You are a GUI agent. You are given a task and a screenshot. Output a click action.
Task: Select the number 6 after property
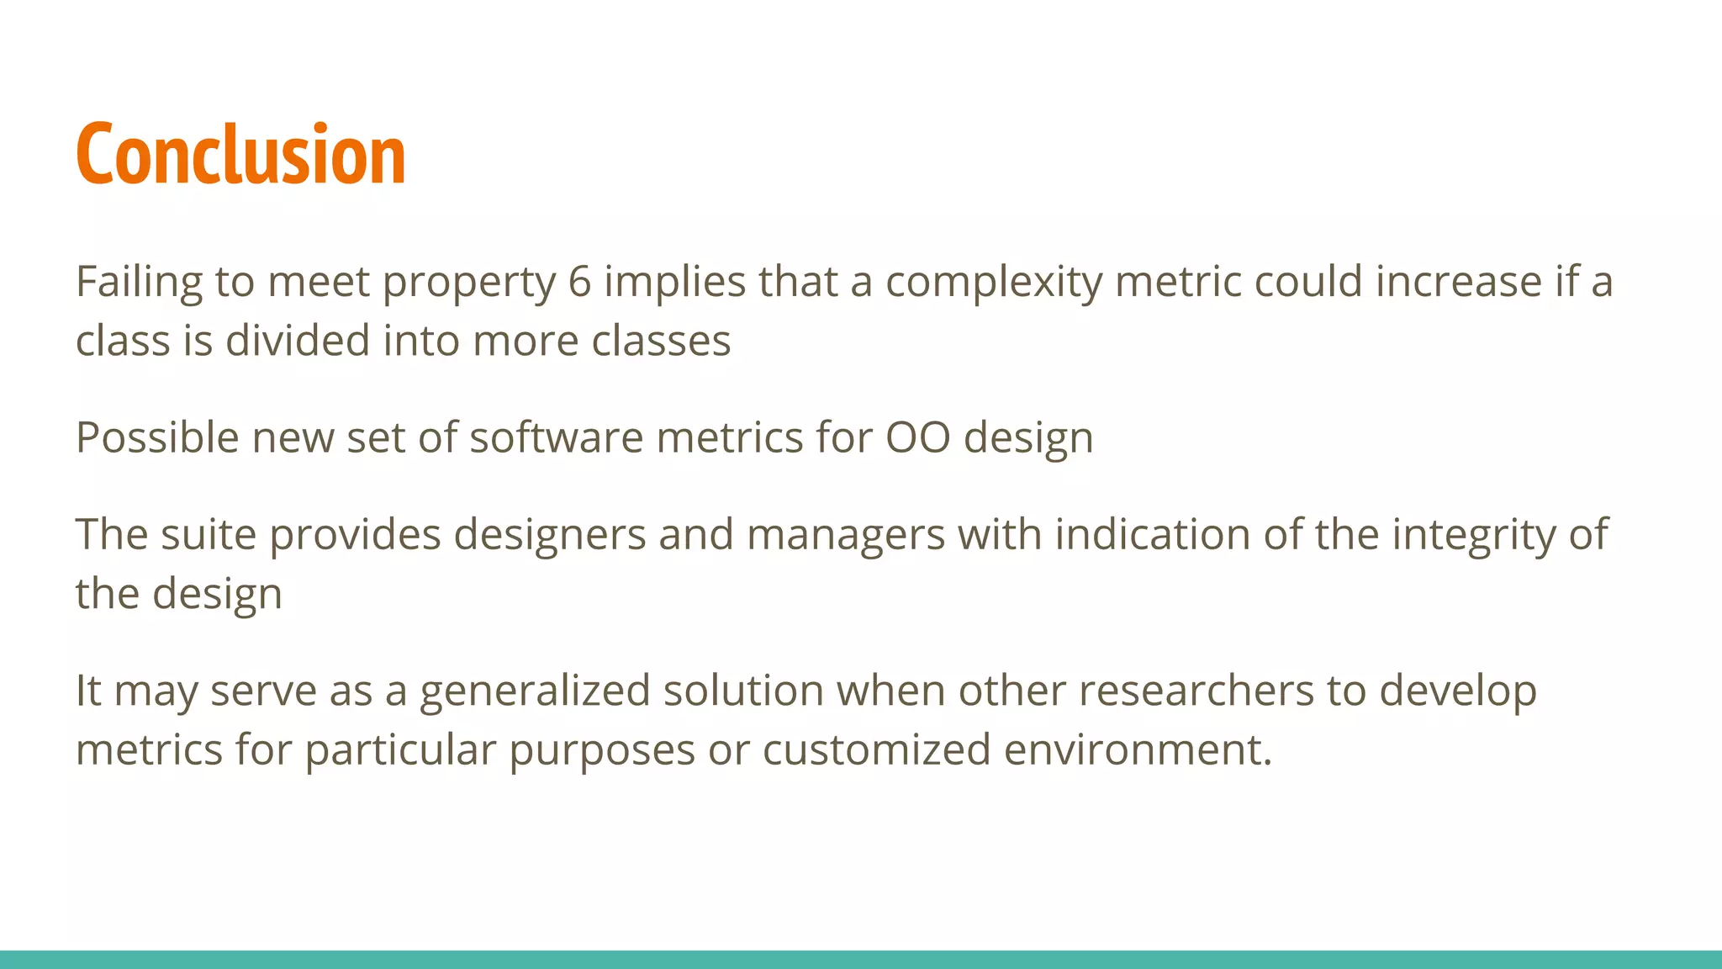[x=579, y=281]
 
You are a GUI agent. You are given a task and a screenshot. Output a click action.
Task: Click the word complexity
[x=994, y=283]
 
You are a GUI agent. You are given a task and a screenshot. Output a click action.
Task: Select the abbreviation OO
[x=917, y=437]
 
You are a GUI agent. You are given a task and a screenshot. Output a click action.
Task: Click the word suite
[x=209, y=534]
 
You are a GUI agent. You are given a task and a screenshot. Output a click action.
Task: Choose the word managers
[x=845, y=536]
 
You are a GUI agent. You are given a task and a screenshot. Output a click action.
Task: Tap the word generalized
[x=535, y=691]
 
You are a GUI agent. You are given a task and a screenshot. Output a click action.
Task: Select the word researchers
[x=1196, y=691]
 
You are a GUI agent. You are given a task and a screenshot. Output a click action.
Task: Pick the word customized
[x=876, y=749]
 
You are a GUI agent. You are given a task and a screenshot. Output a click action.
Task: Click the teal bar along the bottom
[x=861, y=959]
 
